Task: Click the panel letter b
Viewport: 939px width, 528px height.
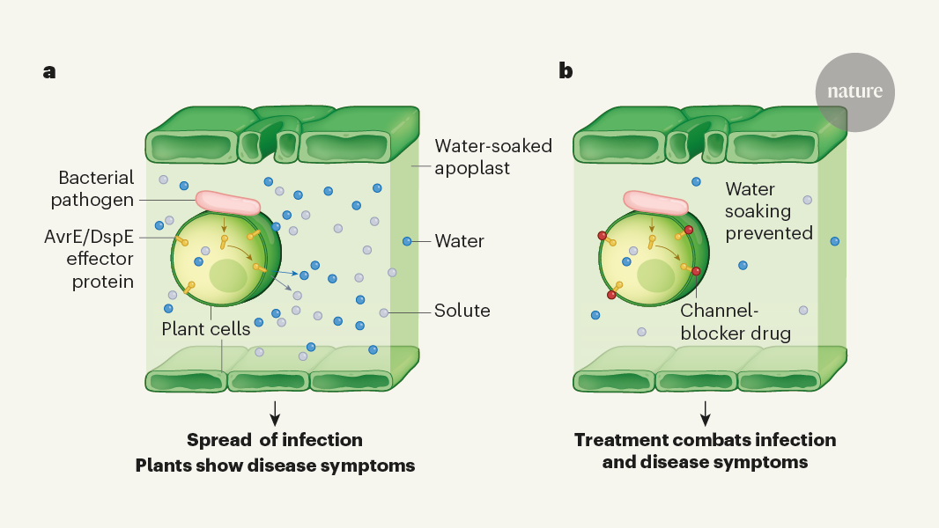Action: pos(566,71)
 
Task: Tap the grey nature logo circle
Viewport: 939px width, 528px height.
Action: pos(854,92)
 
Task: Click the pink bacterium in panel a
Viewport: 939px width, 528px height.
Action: pos(228,203)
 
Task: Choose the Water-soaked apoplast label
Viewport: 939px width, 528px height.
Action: pos(493,156)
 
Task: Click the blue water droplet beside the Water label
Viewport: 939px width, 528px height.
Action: pos(407,240)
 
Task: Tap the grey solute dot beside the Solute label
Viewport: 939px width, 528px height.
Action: pos(383,312)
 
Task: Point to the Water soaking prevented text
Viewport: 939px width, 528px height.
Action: pos(768,211)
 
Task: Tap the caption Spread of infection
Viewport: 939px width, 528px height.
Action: pos(275,439)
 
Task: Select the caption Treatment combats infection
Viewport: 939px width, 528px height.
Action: pos(705,439)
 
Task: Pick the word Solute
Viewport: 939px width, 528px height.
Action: pos(462,311)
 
